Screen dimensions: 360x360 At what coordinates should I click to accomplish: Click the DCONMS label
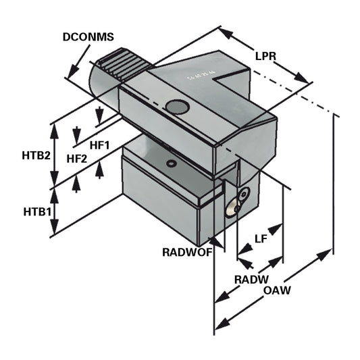click(x=88, y=38)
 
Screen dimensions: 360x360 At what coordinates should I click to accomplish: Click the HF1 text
click(x=100, y=145)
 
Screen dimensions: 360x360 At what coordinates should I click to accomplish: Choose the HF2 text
click(x=77, y=159)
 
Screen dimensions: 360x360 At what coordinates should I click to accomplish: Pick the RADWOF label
click(x=187, y=253)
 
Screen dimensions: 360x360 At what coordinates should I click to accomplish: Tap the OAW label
click(x=277, y=291)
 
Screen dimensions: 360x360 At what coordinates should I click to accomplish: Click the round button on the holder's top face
click(x=177, y=107)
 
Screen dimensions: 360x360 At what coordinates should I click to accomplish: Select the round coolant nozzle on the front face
click(x=242, y=195)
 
